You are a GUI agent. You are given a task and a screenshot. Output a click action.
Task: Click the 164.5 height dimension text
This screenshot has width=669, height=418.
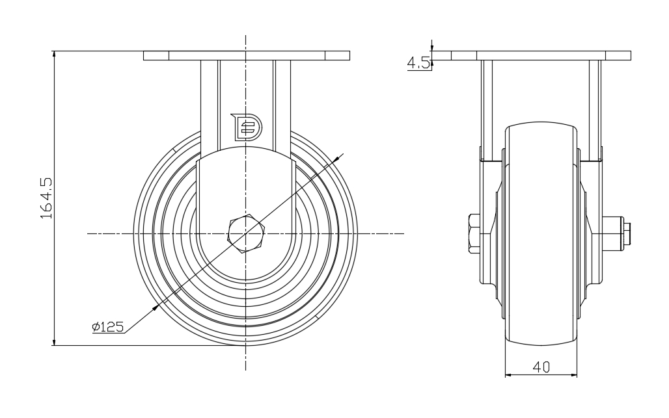click(x=46, y=198)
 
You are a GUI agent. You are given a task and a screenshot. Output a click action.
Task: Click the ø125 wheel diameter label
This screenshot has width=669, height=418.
click(x=107, y=327)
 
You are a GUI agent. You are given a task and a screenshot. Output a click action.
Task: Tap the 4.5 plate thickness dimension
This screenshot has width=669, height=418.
click(x=418, y=63)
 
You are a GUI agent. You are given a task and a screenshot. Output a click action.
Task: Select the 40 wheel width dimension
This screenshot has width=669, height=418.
click(x=541, y=367)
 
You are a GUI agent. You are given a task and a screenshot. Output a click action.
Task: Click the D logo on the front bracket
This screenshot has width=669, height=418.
click(x=246, y=127)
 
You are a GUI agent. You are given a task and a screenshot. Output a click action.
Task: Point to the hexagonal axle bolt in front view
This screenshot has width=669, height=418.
click(x=246, y=234)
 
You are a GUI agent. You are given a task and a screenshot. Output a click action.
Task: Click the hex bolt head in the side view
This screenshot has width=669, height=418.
click(x=474, y=233)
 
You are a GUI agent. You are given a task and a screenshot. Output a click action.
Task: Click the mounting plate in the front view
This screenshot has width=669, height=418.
click(x=247, y=56)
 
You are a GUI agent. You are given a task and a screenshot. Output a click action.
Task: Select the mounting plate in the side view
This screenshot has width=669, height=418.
click(x=541, y=56)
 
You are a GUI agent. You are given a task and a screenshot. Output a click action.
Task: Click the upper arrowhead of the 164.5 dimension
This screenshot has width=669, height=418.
click(x=54, y=54)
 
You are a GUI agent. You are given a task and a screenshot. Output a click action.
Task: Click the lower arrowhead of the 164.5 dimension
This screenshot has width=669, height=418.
click(x=54, y=342)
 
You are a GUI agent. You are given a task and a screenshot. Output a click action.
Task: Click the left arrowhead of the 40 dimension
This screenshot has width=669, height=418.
click(x=508, y=375)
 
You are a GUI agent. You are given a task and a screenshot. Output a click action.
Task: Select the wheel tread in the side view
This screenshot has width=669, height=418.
click(x=541, y=234)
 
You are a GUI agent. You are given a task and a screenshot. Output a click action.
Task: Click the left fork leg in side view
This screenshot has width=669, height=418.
click(x=486, y=111)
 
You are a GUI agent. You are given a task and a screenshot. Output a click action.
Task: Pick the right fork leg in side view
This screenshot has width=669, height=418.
click(x=595, y=111)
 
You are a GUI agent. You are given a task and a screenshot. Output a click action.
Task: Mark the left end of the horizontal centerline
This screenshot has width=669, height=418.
click(x=87, y=233)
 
